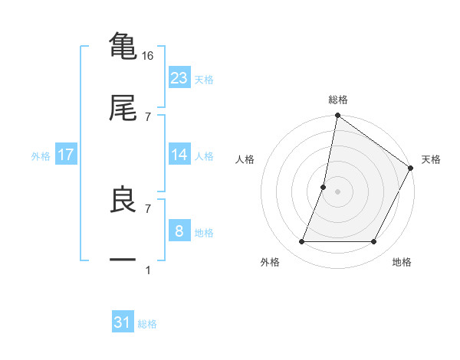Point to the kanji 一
[x=123, y=260]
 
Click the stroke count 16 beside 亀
[x=148, y=56]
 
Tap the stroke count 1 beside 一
[x=148, y=270]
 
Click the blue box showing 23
[x=179, y=77]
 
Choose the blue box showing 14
[x=179, y=155]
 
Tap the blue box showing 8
[x=179, y=231]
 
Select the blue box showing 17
[x=66, y=155]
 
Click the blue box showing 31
[x=123, y=322]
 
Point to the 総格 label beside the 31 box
[x=147, y=324]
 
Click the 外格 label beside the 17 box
[x=41, y=156]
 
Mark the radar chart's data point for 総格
[x=337, y=116]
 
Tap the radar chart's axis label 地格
[x=402, y=263]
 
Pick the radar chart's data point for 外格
[x=302, y=242]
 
